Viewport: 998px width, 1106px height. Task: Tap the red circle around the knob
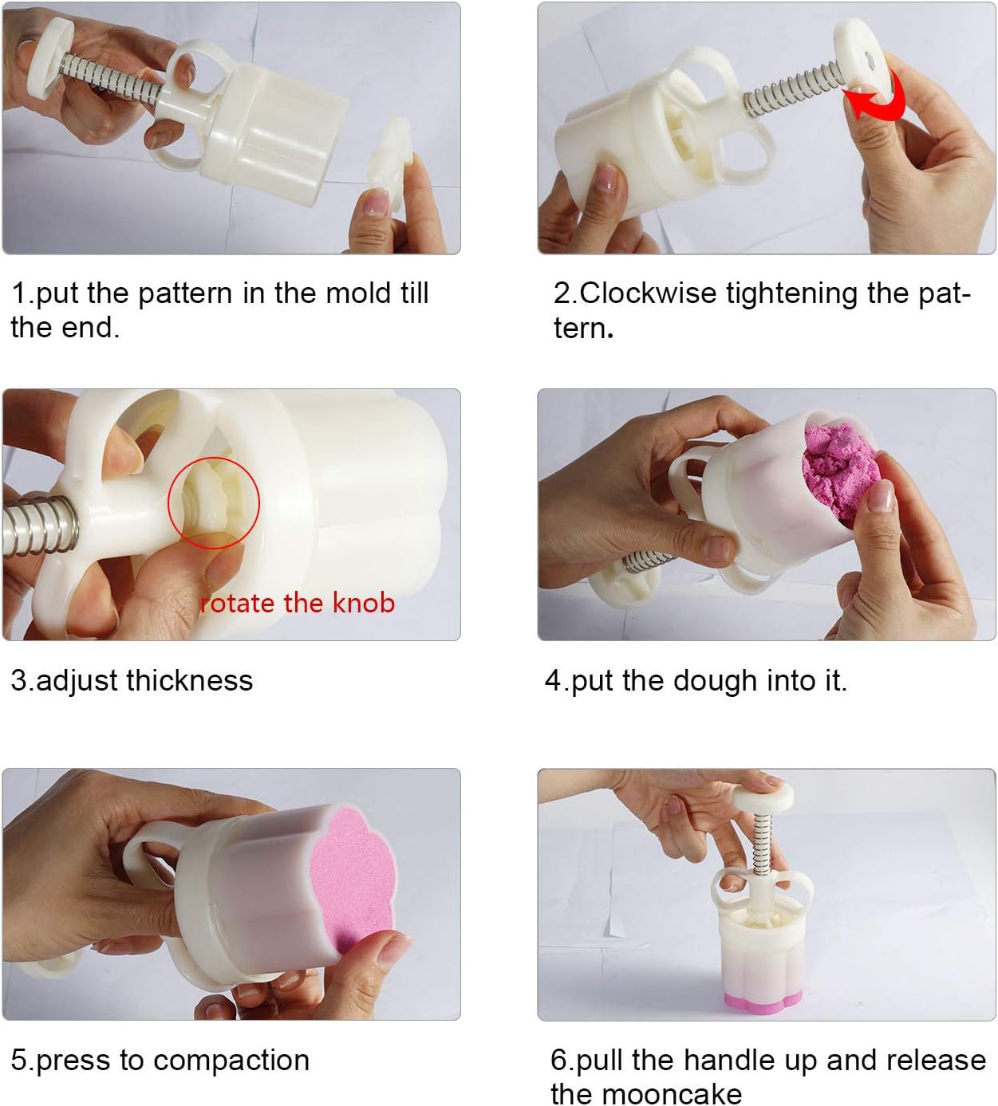[168, 502]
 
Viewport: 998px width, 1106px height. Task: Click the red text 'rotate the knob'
[298, 603]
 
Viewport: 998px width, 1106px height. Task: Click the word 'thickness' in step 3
[190, 680]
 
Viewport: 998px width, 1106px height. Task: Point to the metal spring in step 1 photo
[110, 81]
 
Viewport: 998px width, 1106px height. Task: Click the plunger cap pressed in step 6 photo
[763, 797]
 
